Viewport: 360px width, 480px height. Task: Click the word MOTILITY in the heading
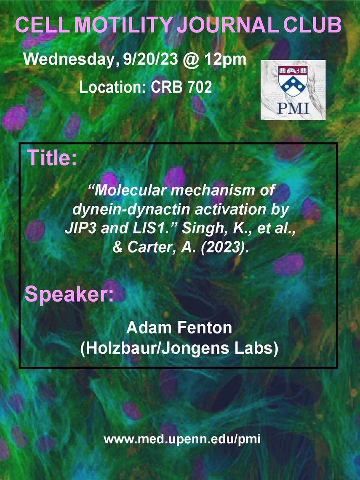pyautogui.click(x=124, y=25)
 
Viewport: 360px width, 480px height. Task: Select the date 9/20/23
pyautogui.click(x=150, y=59)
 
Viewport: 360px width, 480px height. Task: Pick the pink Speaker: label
pyautogui.click(x=69, y=294)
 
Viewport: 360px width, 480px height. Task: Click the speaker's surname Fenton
pyautogui.click(x=205, y=328)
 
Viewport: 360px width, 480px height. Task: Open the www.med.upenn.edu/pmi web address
pyautogui.click(x=182, y=440)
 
